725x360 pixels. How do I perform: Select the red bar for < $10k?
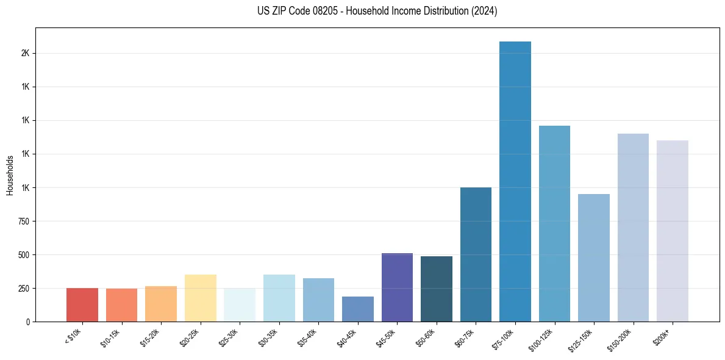[82, 304]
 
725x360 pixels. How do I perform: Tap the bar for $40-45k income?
[357, 309]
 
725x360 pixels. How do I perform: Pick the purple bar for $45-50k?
[397, 287]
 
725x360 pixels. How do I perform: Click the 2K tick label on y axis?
[25, 53]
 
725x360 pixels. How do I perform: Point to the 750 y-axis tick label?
[23, 221]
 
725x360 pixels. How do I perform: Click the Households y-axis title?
[10, 175]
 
